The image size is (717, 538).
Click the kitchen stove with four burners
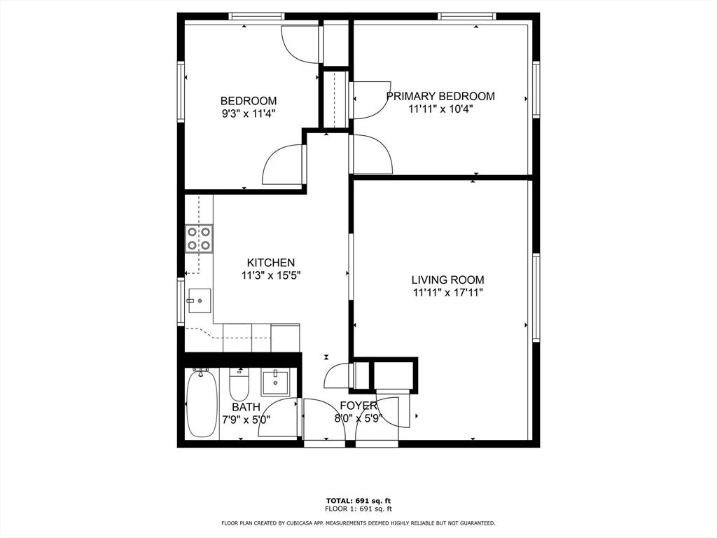[199, 238]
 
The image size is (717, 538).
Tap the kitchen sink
[200, 301]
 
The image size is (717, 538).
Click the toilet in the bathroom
[239, 384]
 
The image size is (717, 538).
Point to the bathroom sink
[274, 383]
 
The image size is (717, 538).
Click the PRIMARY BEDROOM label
[440, 96]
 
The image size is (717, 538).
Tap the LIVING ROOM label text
[447, 280]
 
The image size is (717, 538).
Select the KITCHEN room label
[271, 263]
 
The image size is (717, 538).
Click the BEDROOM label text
[249, 101]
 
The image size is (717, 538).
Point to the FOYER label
[358, 406]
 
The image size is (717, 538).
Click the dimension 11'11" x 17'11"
[448, 293]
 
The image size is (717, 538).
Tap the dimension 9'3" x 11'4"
[249, 113]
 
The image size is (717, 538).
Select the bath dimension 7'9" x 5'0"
[246, 419]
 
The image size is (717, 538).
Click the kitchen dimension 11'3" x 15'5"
[271, 275]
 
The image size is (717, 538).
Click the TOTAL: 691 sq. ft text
[358, 500]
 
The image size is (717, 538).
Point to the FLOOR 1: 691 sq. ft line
[358, 509]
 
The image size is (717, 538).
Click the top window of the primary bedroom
[466, 17]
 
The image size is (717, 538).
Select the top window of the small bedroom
[256, 17]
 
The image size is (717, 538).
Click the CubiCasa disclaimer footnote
[358, 523]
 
